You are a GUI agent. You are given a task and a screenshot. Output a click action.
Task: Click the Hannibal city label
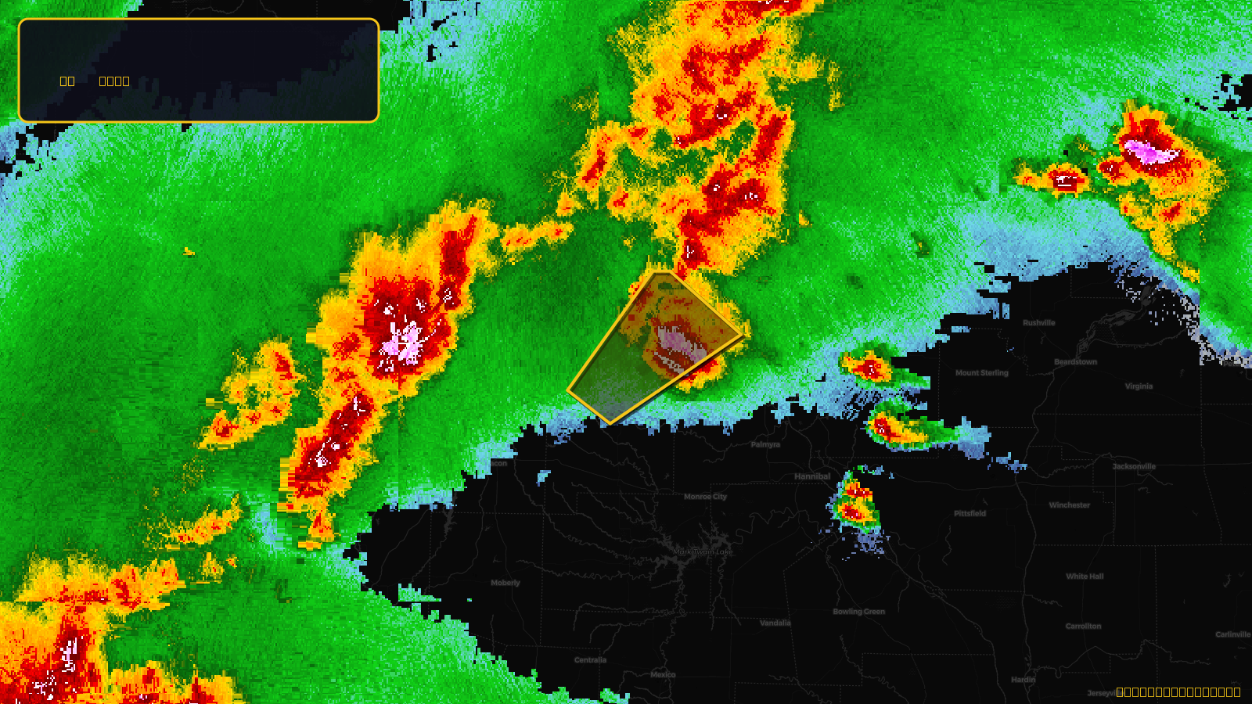812,476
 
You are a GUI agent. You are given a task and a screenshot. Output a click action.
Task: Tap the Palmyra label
765,444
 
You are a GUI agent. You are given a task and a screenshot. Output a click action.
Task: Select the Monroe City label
705,497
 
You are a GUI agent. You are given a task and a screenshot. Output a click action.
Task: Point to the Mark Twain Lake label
703,551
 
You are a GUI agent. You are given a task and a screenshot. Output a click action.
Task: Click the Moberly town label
505,583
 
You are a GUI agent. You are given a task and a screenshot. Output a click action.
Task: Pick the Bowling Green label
858,612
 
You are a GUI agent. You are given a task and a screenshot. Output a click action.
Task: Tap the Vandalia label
775,623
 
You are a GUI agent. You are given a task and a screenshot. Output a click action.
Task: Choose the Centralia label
590,660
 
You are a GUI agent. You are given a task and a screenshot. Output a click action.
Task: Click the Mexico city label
663,674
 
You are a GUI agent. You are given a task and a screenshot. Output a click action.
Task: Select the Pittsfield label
970,514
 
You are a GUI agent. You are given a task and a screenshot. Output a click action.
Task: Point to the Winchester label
1069,505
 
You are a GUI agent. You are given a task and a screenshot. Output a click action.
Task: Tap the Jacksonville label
1134,466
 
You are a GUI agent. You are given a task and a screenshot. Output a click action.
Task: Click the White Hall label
1085,576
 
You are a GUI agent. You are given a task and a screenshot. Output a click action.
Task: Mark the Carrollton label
1083,627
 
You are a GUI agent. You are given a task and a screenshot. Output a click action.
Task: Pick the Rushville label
1038,323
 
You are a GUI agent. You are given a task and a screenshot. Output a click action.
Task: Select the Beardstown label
1075,362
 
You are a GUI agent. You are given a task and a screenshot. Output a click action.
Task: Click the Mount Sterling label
981,373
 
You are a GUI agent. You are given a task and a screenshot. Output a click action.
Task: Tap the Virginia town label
1139,386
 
